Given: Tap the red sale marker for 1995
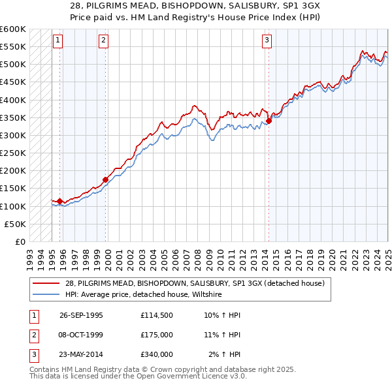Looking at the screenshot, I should click(60, 201).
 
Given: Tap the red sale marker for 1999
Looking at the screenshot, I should click(105, 179).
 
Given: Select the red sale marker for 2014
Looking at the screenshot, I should click(269, 121).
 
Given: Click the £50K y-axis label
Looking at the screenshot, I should click(15, 224).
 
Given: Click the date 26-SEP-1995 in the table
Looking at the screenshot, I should click(81, 315).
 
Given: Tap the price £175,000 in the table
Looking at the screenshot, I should click(156, 335).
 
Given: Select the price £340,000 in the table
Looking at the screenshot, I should click(156, 354).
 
